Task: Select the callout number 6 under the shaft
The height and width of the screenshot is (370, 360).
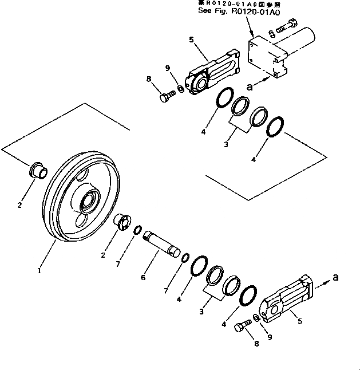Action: point(143,277)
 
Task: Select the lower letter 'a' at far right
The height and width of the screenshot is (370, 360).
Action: point(336,277)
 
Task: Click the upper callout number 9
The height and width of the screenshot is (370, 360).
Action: point(167,68)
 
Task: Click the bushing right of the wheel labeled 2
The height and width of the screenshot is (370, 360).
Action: point(122,221)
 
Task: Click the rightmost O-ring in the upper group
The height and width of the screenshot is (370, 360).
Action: point(276,127)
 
